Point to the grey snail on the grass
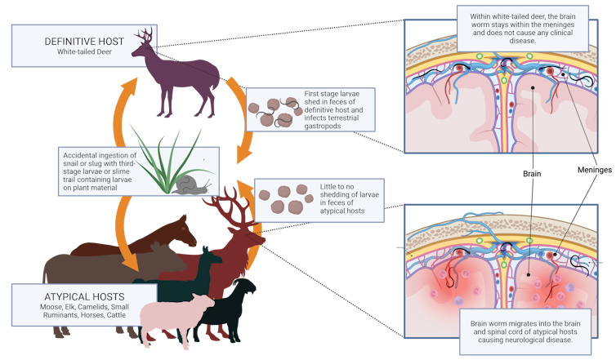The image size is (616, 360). point(188,184)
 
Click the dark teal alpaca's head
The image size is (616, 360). point(213,254)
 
